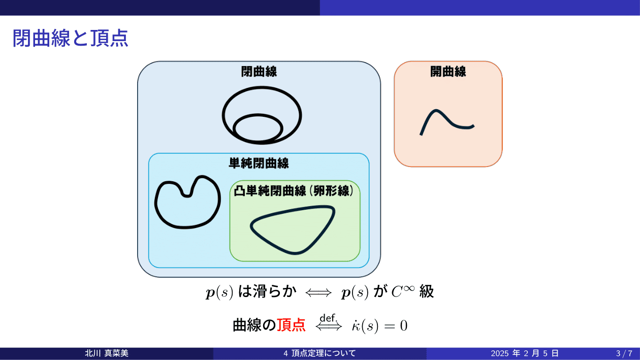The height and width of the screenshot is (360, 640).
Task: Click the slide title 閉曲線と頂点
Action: click(70, 38)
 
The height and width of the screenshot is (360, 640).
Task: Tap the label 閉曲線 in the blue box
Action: click(259, 72)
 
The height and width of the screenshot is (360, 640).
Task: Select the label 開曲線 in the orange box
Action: click(448, 72)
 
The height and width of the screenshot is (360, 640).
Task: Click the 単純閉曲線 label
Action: click(259, 163)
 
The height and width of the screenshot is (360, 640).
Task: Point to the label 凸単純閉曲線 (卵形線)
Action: click(294, 191)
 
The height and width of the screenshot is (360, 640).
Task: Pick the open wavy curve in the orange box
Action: click(447, 122)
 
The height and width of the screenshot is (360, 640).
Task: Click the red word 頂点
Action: click(291, 325)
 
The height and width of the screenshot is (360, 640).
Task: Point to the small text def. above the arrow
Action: click(329, 318)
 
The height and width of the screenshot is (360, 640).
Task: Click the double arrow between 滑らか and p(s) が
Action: click(318, 292)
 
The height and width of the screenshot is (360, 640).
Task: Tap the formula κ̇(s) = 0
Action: click(379, 325)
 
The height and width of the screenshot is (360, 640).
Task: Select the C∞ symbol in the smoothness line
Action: click(403, 291)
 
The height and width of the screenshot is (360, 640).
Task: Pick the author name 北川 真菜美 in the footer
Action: click(107, 353)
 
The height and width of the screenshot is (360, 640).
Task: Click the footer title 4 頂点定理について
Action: click(319, 353)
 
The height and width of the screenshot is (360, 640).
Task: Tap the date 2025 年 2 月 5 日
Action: click(525, 353)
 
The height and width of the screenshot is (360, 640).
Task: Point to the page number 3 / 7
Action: click(624, 353)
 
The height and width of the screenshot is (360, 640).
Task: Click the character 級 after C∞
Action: click(427, 292)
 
